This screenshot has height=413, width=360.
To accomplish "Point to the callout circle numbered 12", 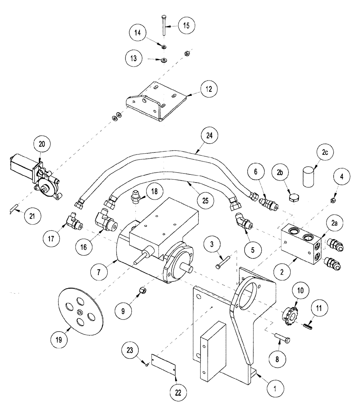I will coord(202,89).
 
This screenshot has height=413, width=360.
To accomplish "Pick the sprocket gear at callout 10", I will coord(292,317).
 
